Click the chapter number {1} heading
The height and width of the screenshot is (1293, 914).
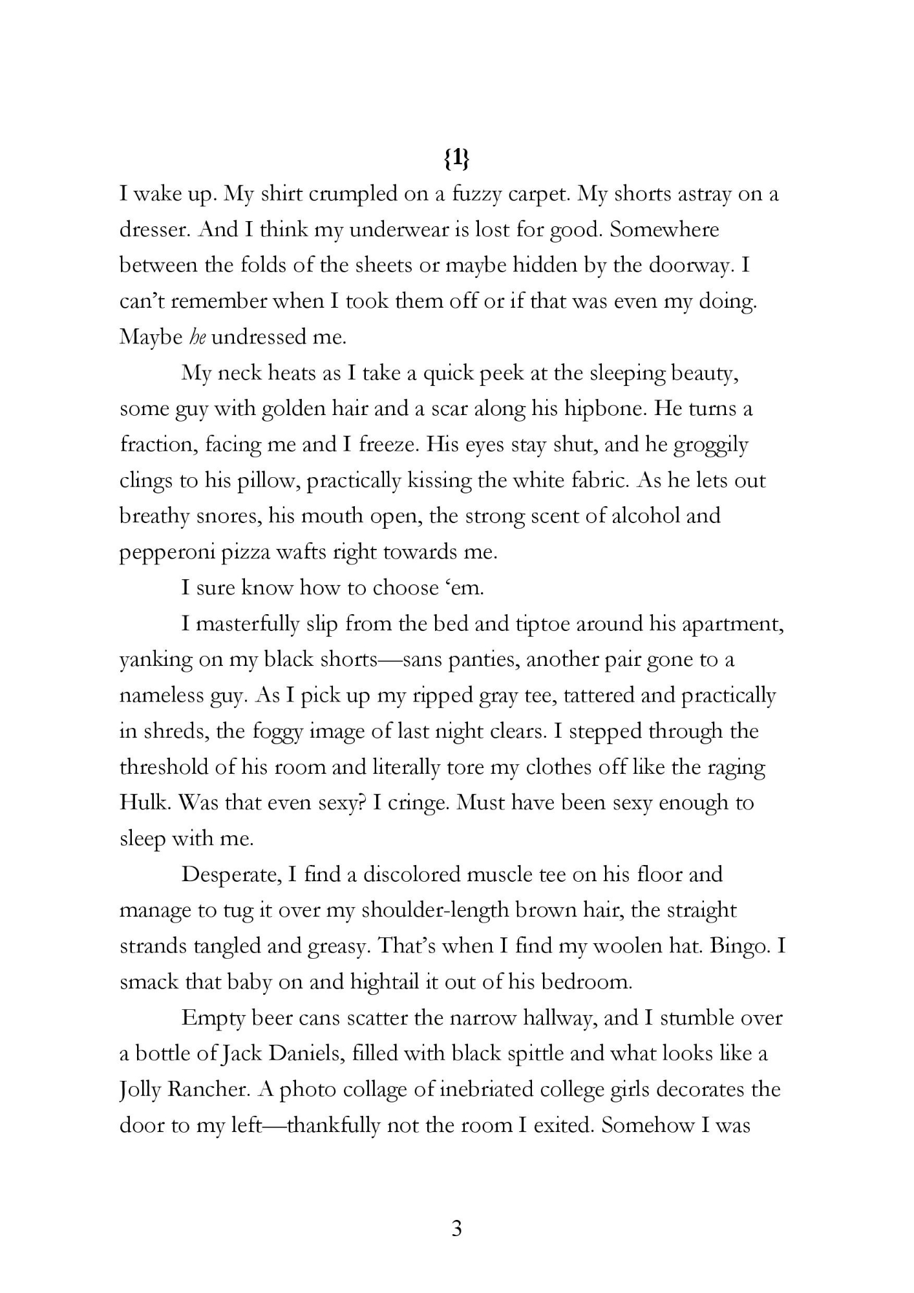pos(456,159)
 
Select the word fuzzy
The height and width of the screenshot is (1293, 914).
pos(476,195)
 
